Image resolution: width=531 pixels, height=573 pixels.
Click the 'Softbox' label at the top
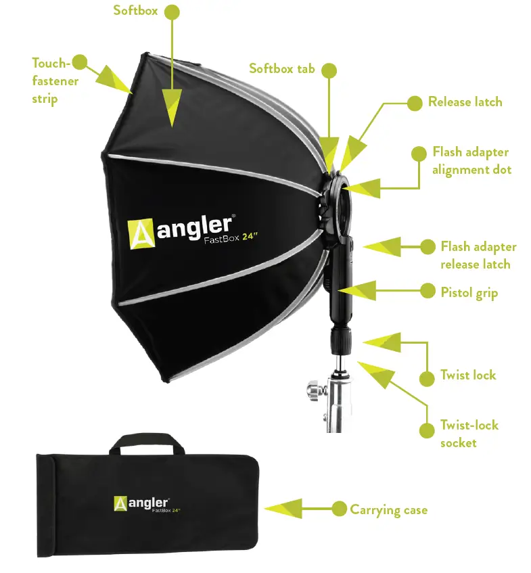pyautogui.click(x=135, y=12)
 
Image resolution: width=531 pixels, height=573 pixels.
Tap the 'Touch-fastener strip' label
pyautogui.click(x=55, y=81)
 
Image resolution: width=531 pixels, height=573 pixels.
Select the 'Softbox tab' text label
pyautogui.click(x=281, y=68)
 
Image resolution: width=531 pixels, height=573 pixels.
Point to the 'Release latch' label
pyautogui.click(x=465, y=102)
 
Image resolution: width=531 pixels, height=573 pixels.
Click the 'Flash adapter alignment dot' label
pyautogui.click(x=471, y=160)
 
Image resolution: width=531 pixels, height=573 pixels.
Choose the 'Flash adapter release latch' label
pyautogui.click(x=478, y=255)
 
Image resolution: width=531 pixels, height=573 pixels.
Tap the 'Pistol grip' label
pyautogui.click(x=469, y=292)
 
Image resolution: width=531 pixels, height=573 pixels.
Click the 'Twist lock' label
pyautogui.click(x=468, y=375)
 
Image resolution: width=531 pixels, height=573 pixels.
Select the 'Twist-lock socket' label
pyautogui.click(x=469, y=434)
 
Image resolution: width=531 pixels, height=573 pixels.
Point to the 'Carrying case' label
pyautogui.click(x=388, y=509)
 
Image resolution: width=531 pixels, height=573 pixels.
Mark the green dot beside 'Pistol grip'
pyautogui.click(x=428, y=291)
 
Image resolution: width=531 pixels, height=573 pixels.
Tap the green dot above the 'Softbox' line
pyautogui.click(x=172, y=12)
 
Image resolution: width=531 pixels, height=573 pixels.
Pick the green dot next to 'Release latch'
pyautogui.click(x=414, y=103)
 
